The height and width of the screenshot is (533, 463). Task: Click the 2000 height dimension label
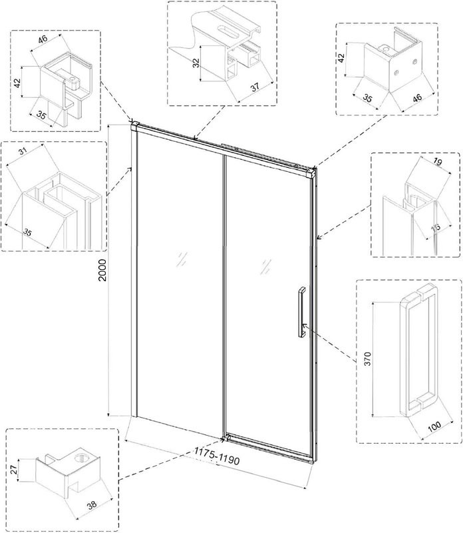[102, 270]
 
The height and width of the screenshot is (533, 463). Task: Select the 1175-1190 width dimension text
[217, 456]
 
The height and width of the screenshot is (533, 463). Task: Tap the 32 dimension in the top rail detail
[196, 63]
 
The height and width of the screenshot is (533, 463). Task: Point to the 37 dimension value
[255, 87]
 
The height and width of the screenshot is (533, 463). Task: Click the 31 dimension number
[23, 151]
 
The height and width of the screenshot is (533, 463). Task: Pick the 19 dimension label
[438, 163]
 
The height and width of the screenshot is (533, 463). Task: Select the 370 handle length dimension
[368, 359]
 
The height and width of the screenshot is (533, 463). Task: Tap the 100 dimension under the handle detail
[434, 426]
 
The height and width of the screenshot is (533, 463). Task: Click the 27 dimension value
[13, 470]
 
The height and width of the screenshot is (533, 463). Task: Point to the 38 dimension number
[92, 504]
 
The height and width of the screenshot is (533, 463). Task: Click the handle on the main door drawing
[301, 312]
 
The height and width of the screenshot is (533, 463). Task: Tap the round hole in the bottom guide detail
[81, 458]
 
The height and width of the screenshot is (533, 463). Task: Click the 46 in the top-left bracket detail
[43, 39]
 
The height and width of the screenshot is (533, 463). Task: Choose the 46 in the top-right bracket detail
[417, 97]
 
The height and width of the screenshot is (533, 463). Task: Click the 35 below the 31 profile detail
[27, 233]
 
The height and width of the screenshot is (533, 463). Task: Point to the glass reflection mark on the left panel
[182, 259]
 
